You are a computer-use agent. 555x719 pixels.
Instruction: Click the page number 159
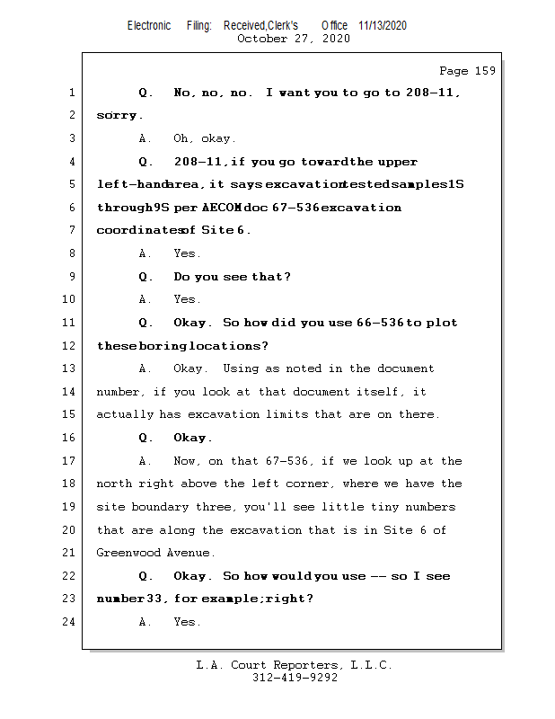pyautogui.click(x=481, y=71)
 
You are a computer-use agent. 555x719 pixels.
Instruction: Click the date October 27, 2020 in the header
pyautogui.click(x=294, y=39)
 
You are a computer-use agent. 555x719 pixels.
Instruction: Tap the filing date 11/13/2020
pyautogui.click(x=382, y=25)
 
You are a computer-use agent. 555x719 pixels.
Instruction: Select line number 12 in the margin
pyautogui.click(x=71, y=346)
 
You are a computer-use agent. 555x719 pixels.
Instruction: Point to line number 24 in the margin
pyautogui.click(x=71, y=622)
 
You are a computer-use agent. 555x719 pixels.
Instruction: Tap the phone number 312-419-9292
pyautogui.click(x=295, y=678)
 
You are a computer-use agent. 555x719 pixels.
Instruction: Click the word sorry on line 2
pyautogui.click(x=118, y=116)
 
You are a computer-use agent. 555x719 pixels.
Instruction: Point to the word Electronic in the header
pyautogui.click(x=149, y=25)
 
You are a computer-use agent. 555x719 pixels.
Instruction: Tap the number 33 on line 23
pyautogui.click(x=156, y=599)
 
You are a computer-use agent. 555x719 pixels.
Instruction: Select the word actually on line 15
pyautogui.click(x=126, y=415)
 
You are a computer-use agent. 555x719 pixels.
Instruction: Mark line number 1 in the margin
pyautogui.click(x=71, y=93)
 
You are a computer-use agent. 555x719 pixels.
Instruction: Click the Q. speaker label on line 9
pyautogui.click(x=146, y=277)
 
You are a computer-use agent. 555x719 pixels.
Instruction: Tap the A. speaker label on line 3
pyautogui.click(x=145, y=139)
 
